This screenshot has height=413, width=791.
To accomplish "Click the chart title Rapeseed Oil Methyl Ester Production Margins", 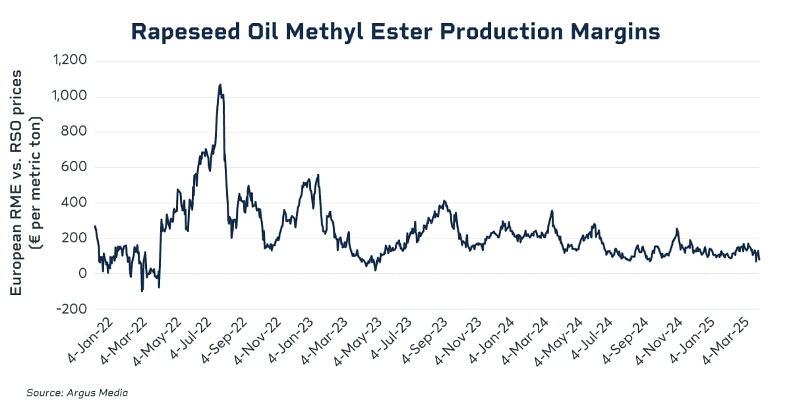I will [x=395, y=31].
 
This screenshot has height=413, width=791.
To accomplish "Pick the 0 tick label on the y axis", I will [x=82, y=273].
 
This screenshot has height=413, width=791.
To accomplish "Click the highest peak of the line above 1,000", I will [x=220, y=84].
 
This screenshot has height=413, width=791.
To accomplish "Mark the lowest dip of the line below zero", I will [x=142, y=290].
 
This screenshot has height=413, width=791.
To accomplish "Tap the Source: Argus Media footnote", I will [x=76, y=393].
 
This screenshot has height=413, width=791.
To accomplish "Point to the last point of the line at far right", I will [x=759, y=260].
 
